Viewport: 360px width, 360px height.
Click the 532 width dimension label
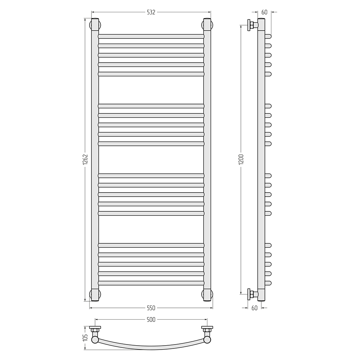click(151, 12)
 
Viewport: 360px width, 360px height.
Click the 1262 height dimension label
click(85, 159)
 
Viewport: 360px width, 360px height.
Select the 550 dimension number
click(151, 308)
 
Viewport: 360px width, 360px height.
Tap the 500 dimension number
click(151, 319)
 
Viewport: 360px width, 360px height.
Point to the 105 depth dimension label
click(85, 338)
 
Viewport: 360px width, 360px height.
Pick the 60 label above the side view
click(264, 12)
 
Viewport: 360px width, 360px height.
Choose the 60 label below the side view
click(255, 308)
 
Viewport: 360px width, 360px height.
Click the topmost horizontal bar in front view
click(151, 36)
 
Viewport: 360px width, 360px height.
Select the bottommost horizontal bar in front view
click(151, 283)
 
